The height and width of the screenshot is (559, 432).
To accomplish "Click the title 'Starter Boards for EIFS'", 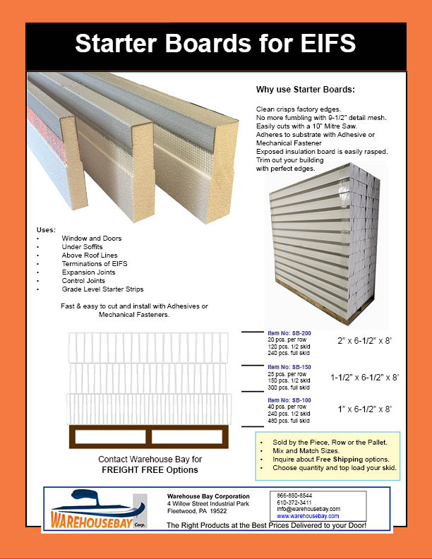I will point(215,44).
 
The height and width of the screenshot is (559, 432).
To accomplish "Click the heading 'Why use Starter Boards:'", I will point(305,90).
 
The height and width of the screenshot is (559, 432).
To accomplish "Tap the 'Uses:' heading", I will point(45,231).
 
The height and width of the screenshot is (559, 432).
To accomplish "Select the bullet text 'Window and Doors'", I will point(91,239).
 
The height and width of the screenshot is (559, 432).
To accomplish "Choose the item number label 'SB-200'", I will point(289,332).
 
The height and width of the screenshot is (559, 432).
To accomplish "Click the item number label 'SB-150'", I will point(289,368).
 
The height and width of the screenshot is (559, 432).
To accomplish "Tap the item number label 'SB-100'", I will point(289,400).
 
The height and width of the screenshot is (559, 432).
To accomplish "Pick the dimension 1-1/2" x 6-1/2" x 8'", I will point(364,377).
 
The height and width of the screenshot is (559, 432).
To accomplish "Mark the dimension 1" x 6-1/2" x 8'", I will point(366,409).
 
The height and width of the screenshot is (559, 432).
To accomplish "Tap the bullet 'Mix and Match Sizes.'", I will point(304,450).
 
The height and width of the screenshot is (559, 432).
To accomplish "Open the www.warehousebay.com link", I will point(304,516).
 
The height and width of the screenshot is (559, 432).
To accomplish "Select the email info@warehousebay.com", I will point(308,509).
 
